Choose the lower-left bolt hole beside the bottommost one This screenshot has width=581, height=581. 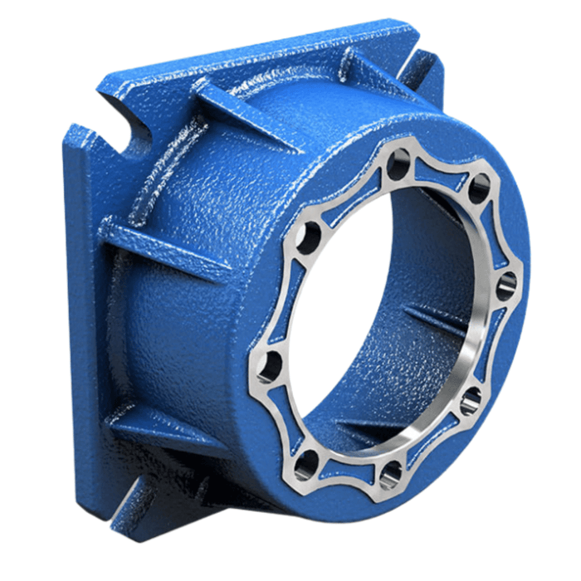point(306,461)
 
